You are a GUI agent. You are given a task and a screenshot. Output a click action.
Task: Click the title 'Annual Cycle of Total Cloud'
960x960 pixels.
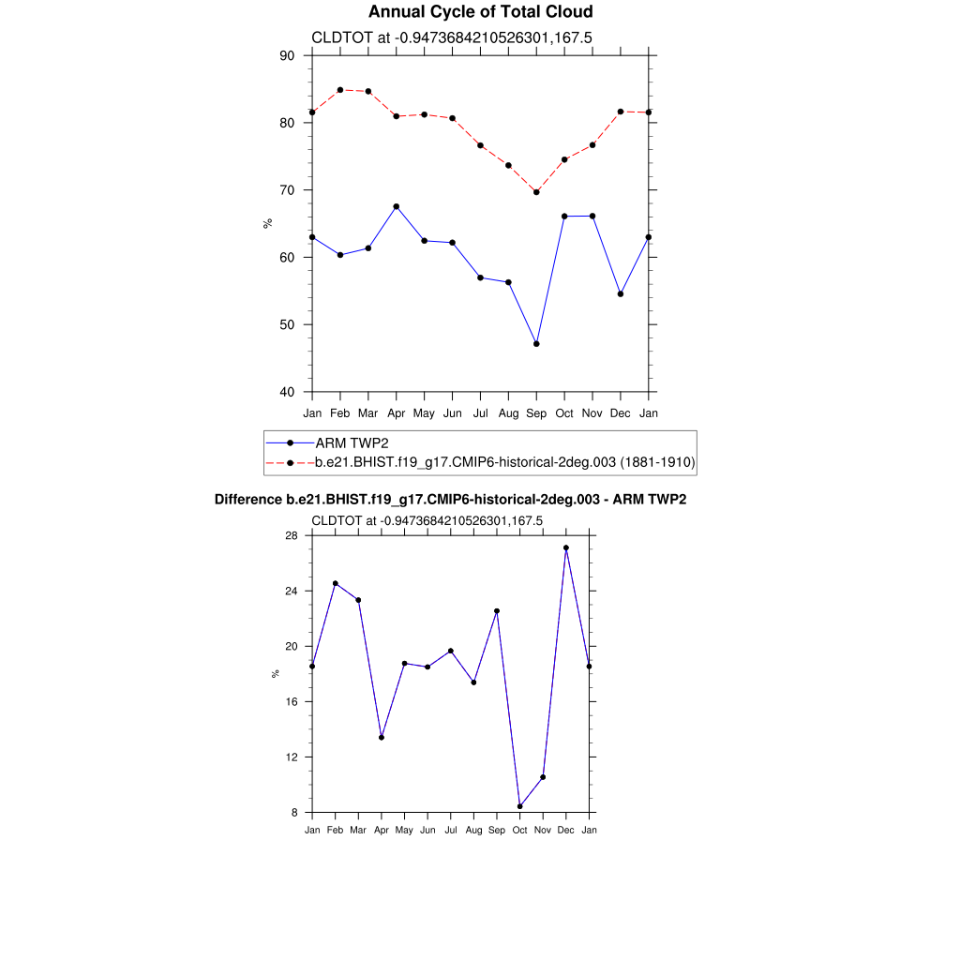pyautogui.click(x=480, y=12)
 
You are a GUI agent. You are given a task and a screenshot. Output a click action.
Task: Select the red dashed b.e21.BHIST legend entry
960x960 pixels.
pyautogui.click(x=504, y=462)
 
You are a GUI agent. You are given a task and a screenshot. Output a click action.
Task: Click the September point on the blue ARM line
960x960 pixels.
pyautogui.click(x=536, y=344)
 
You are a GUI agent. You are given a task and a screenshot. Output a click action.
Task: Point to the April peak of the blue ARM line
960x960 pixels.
pyautogui.click(x=396, y=206)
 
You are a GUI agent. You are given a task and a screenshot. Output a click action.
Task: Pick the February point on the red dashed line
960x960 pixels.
pyautogui.click(x=340, y=90)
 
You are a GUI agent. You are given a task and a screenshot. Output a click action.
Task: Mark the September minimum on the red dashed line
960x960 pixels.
pyautogui.click(x=536, y=192)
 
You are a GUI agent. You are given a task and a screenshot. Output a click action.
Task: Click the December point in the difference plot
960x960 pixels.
pyautogui.click(x=566, y=547)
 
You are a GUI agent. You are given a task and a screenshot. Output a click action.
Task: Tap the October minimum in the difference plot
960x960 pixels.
pyautogui.click(x=519, y=806)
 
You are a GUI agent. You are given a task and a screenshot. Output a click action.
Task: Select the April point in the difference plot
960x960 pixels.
pyautogui.click(x=382, y=737)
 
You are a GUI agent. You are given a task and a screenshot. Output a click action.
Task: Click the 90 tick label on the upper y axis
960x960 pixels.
pyautogui.click(x=287, y=55)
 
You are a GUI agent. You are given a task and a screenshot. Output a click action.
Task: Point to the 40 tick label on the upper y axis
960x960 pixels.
pyautogui.click(x=287, y=392)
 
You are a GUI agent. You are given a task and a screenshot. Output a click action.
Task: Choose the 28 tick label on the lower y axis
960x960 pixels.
pyautogui.click(x=292, y=535)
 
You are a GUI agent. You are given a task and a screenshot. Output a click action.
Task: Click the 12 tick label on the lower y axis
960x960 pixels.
pyautogui.click(x=292, y=757)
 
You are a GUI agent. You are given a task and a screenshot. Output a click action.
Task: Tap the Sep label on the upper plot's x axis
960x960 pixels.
pyautogui.click(x=536, y=413)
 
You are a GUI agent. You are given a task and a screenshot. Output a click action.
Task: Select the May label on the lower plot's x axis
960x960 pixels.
pyautogui.click(x=404, y=830)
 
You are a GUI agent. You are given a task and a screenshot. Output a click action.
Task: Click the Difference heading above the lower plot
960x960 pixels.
pyautogui.click(x=450, y=500)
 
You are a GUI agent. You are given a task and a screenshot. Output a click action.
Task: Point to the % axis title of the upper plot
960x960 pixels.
pyautogui.click(x=268, y=223)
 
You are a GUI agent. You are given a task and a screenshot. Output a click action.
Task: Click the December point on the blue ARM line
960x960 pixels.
pyautogui.click(x=621, y=294)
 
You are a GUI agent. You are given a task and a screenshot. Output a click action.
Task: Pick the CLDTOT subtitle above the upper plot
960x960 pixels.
pyautogui.click(x=451, y=37)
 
